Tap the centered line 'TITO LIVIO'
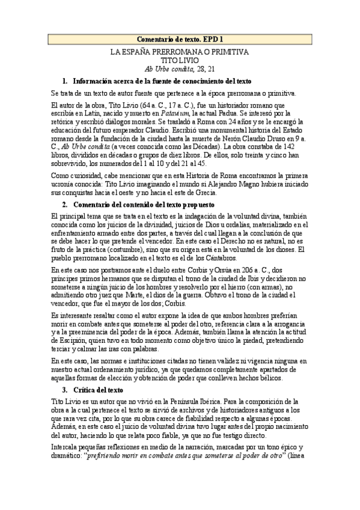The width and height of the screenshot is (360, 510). [180, 61]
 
